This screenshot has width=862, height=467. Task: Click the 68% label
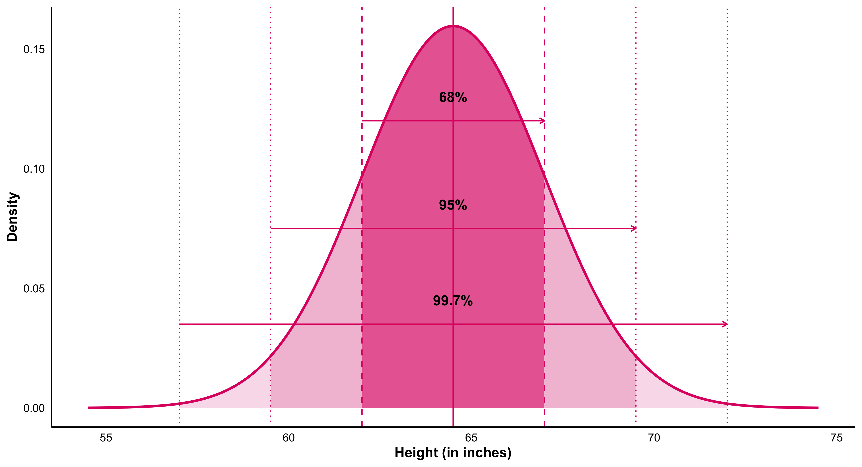pyautogui.click(x=453, y=97)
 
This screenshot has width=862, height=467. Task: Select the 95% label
pyautogui.click(x=453, y=205)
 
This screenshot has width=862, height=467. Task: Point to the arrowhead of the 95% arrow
pyautogui.click(x=634, y=229)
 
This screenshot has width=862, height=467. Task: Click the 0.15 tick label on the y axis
pyautogui.click(x=34, y=49)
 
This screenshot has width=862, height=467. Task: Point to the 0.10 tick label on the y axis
pyautogui.click(x=34, y=169)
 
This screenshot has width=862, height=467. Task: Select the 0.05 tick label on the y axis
pyautogui.click(x=34, y=289)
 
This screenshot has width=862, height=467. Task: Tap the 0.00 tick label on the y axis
pyautogui.click(x=34, y=408)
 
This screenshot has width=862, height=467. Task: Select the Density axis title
pyautogui.click(x=12, y=217)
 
